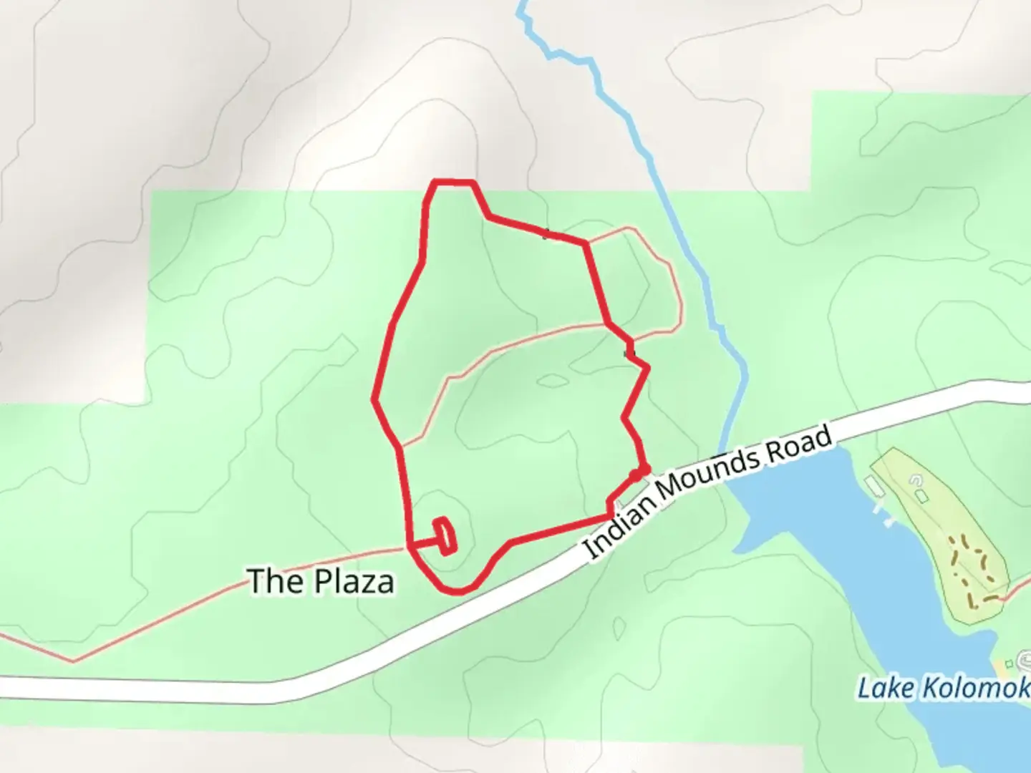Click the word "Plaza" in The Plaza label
[355, 582]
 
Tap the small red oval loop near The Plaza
[447, 536]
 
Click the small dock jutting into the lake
[880, 510]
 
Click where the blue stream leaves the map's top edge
[522, 4]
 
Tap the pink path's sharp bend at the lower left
[72, 661]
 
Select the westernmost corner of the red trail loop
[374, 399]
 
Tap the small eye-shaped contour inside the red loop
[551, 380]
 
